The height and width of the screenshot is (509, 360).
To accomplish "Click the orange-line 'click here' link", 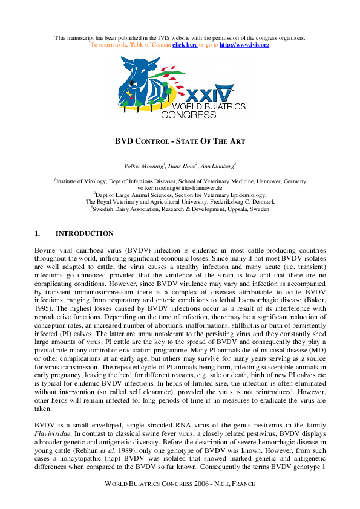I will click(x=185, y=45).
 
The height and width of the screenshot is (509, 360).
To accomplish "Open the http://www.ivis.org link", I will click(x=244, y=45).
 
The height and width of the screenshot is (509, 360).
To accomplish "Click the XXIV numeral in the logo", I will click(x=209, y=96).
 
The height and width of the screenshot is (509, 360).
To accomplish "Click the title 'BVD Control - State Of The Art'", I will click(x=180, y=141).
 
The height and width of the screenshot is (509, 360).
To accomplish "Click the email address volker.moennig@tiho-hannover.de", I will click(x=180, y=188).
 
